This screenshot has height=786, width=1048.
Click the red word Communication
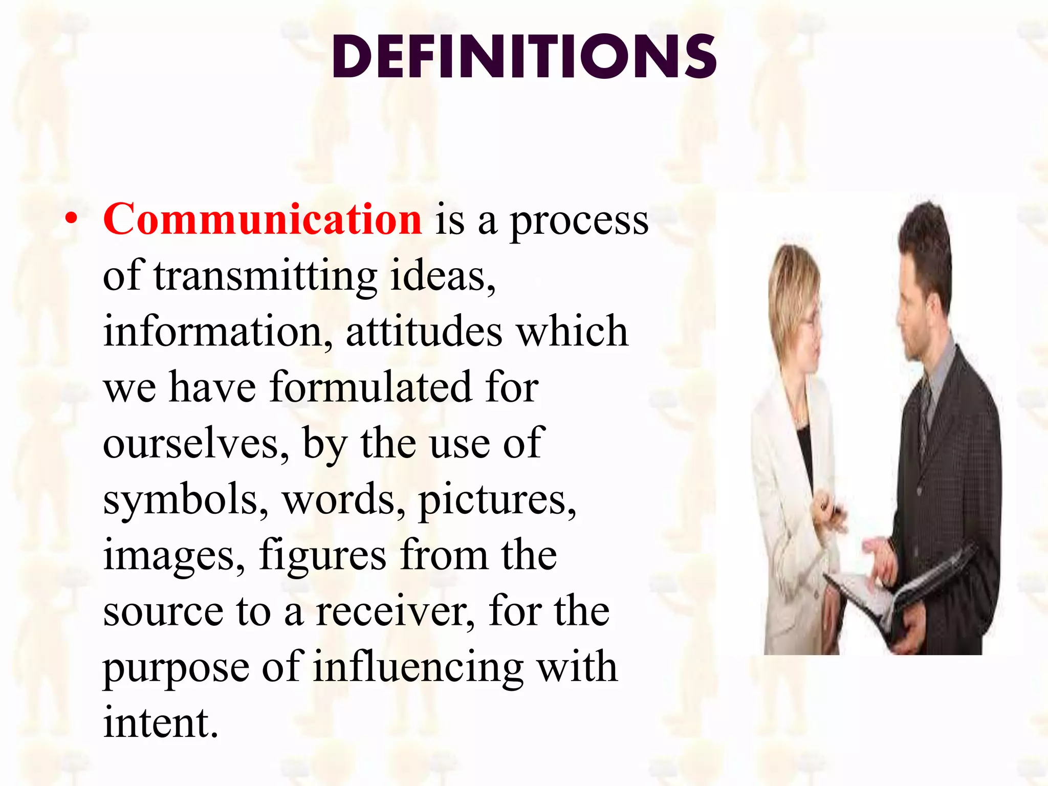[263, 219]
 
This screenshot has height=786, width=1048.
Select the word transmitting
[266, 276]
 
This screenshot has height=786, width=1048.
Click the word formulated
[370, 387]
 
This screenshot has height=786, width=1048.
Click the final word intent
[161, 723]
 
